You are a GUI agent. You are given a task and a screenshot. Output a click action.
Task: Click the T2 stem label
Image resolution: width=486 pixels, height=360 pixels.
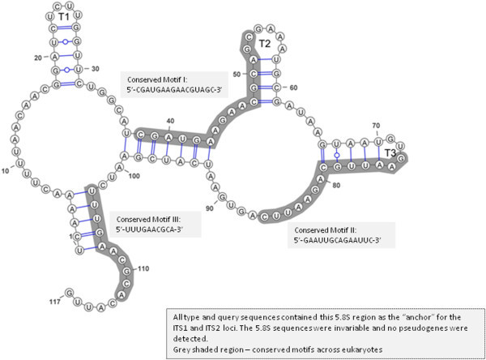click(264, 43)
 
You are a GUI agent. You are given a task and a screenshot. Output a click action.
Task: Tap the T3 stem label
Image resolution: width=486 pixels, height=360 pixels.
click(391, 152)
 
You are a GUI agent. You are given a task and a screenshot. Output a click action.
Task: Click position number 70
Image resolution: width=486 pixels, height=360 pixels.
click(375, 125)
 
